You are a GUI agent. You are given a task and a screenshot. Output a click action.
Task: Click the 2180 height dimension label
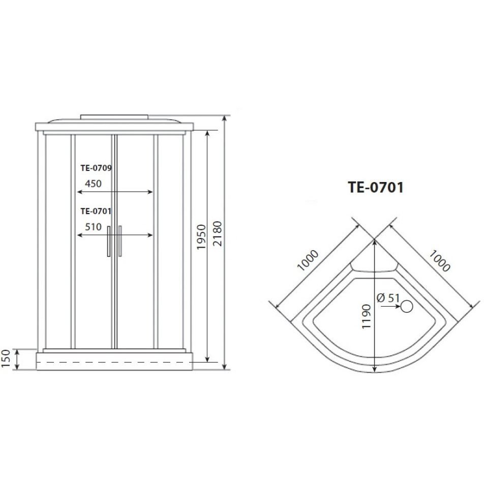point(218,233)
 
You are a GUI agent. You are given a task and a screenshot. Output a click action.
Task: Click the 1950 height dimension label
point(201,237)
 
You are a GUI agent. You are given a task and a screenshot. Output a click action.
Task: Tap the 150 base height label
point(6,359)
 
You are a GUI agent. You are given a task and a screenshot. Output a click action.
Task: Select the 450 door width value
point(93,184)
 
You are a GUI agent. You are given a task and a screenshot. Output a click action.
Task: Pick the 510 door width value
point(93,227)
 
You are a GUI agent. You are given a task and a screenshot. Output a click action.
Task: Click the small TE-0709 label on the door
point(96,168)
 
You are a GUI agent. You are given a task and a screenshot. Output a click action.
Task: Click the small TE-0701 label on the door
point(96,211)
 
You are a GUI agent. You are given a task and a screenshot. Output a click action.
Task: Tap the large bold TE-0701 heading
point(376,187)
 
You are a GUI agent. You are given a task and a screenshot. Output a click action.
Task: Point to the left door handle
point(109,241)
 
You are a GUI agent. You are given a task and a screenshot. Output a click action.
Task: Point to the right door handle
point(120,241)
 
